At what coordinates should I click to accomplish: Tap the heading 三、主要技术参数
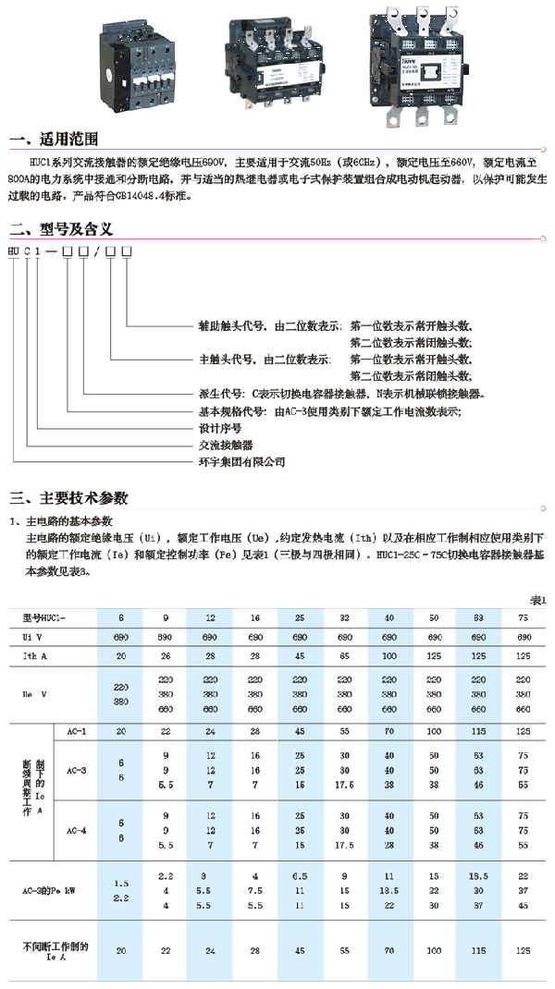click(x=69, y=499)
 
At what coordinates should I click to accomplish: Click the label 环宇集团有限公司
click(x=242, y=461)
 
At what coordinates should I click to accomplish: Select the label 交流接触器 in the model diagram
click(x=227, y=445)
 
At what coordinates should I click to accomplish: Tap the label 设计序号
click(x=221, y=428)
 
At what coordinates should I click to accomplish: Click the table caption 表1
click(x=537, y=600)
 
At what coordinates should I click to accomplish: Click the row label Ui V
click(x=35, y=638)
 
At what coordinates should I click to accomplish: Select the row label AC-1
click(x=77, y=730)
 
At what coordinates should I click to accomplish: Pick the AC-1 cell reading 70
click(x=389, y=730)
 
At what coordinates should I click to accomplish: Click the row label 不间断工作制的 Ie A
click(x=56, y=951)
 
